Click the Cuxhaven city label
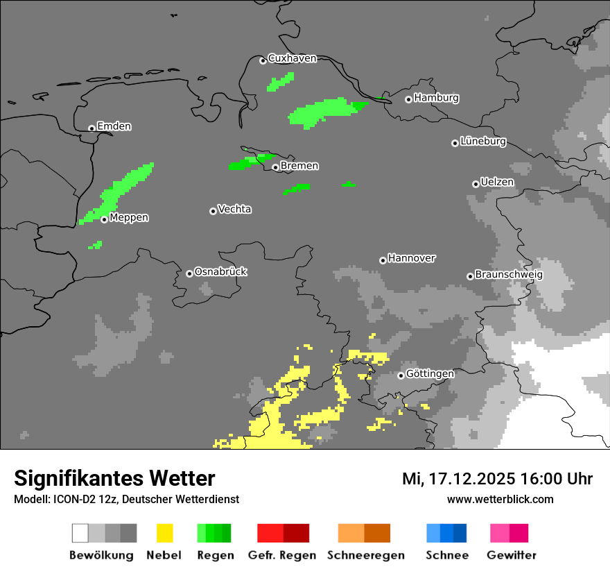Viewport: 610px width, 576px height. tap(292, 58)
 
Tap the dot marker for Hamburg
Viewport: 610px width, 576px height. tap(408, 99)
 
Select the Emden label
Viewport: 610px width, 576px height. tap(114, 126)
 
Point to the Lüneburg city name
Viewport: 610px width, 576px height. tap(482, 141)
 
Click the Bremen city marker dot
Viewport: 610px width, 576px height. tap(275, 167)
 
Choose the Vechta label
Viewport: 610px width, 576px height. tap(234, 209)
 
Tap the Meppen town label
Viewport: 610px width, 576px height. tap(129, 217)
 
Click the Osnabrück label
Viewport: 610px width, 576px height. tap(220, 271)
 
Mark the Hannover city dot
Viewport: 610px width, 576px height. tap(383, 260)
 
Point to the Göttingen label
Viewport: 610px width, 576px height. tap(430, 373)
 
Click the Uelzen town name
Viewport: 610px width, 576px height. tap(497, 182)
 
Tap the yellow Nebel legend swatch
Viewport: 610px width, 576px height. tap(164, 533)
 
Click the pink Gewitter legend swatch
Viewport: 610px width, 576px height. tap(500, 533)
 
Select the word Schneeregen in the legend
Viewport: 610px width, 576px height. tap(366, 555)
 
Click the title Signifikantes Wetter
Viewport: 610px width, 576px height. tap(114, 478)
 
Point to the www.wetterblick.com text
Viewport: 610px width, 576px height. tap(500, 499)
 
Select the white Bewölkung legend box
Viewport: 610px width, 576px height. tap(80, 533)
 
